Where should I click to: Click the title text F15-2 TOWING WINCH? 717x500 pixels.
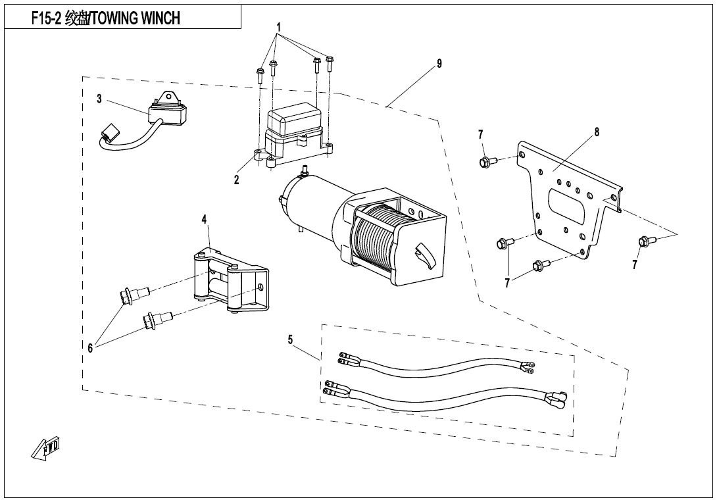click(x=106, y=18)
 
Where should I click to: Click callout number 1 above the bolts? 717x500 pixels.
click(x=279, y=28)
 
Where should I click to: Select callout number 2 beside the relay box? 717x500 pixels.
click(x=237, y=180)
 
